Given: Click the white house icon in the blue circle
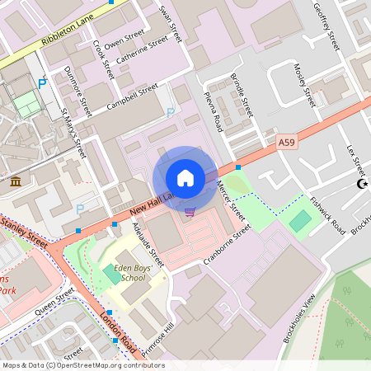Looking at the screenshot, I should [x=185, y=178].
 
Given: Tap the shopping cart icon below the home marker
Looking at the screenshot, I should [x=190, y=212].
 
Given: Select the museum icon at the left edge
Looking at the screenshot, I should [x=16, y=181].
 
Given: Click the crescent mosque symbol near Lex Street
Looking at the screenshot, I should [x=360, y=184].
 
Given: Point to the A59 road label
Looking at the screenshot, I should [x=286, y=143].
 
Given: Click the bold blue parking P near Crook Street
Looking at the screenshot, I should [x=42, y=82].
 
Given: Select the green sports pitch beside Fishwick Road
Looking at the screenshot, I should [x=301, y=220].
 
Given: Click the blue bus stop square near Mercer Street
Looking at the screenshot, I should [x=238, y=167].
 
